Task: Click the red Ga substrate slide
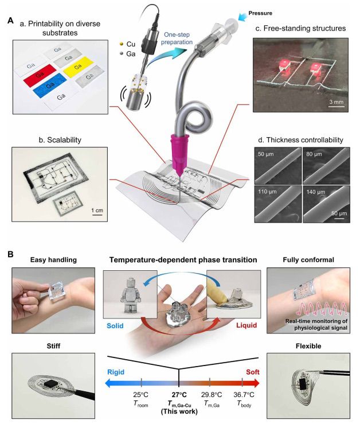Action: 40,74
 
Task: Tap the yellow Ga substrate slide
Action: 79,67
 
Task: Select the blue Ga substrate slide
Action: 50,85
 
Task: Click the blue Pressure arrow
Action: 242,17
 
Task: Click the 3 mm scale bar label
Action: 336,102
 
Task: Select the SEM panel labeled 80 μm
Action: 326,166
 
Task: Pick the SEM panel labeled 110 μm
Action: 278,204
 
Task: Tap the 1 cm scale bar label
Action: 97,211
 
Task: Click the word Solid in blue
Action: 115,325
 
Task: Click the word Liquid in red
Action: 246,325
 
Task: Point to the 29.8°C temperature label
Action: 212,395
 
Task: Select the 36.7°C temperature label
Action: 244,395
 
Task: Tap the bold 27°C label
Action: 179,395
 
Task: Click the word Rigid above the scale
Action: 116,372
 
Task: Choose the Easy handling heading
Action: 53,260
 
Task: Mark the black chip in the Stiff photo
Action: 50,384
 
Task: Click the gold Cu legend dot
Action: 122,44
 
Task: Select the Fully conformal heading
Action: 308,260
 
